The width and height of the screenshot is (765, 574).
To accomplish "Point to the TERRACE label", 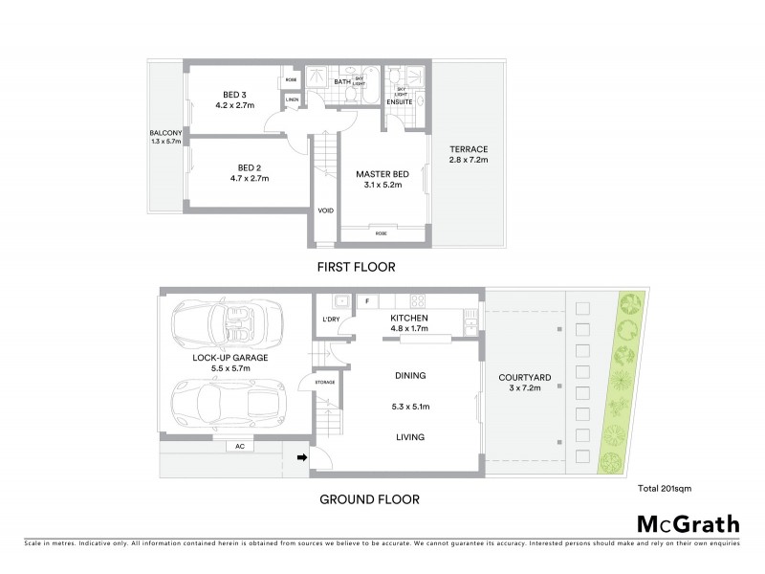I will pos(469,149).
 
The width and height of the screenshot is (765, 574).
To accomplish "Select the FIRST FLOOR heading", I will pos(357,267).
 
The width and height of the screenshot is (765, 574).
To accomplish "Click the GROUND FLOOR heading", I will pos(369,498).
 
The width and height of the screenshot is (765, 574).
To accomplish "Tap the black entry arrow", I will pos(304,458).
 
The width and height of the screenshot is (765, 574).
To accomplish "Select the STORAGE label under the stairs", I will pos(324,383).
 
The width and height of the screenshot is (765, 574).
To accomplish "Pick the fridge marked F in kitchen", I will pos(366,301).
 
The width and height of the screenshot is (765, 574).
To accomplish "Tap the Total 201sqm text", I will pos(664,487).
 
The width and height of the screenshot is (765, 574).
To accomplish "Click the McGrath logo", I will pos(688,523).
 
